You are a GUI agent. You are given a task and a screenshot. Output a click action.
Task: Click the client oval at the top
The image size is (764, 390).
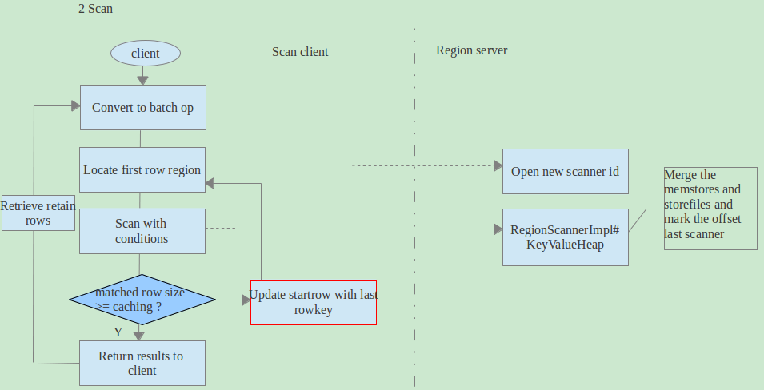145,54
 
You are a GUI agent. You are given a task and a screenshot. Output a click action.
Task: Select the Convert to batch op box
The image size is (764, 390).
142,107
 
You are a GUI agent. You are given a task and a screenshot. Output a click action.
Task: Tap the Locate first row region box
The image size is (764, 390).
142,170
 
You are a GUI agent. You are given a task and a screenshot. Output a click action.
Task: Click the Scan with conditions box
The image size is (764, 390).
142,231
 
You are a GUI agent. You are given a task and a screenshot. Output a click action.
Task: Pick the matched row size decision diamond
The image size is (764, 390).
142,300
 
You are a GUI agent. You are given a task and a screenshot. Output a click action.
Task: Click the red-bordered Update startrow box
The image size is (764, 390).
314,302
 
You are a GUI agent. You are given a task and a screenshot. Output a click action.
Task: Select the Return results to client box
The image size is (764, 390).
142,363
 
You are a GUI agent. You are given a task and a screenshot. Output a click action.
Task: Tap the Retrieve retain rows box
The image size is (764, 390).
38,213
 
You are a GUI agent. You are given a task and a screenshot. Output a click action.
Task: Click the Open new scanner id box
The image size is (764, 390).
565,171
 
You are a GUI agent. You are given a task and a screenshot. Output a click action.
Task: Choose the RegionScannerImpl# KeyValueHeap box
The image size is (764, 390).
565,237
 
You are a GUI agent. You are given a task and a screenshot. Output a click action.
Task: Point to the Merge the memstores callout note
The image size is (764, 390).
710,208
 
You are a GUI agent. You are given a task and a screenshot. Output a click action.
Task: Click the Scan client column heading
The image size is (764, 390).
300,52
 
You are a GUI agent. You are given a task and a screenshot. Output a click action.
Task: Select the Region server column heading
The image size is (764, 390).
471,50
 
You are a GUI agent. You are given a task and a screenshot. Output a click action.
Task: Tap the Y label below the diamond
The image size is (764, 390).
118,331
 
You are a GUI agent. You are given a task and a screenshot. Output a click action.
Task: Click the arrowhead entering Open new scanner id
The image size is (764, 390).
497,165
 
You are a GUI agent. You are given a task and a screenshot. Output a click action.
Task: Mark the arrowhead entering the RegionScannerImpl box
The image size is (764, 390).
497,229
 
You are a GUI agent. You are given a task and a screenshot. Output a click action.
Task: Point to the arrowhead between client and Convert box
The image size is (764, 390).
142,79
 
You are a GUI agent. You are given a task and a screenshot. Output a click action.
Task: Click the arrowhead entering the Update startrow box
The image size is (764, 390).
245,300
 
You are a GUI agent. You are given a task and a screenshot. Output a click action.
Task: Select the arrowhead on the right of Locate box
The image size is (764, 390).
210,184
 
